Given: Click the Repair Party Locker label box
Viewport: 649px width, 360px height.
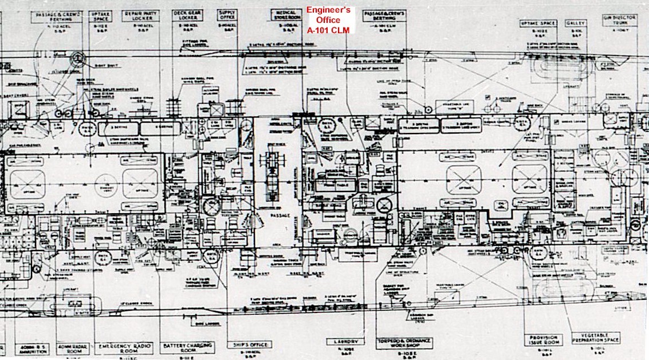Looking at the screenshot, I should pos(140,15).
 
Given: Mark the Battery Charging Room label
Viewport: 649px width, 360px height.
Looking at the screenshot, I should pos(187,349).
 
